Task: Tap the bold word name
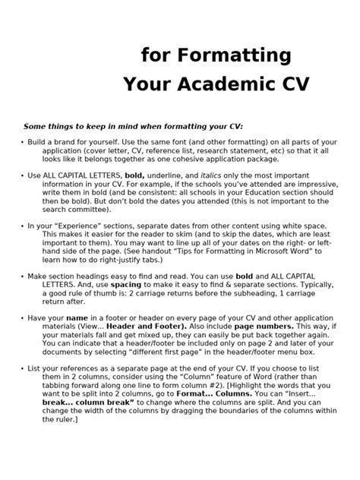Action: tap(78, 318)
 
